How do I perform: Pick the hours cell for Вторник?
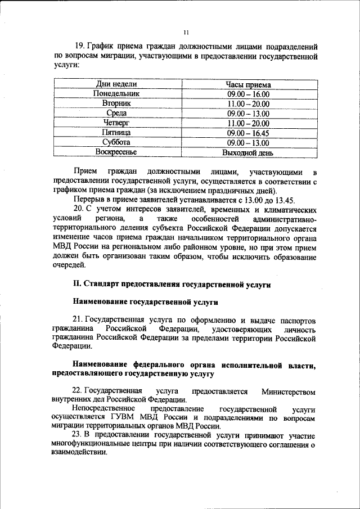[248, 103]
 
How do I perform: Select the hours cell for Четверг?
[248, 123]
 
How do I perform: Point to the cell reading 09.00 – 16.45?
[248, 133]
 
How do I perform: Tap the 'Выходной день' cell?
[248, 152]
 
